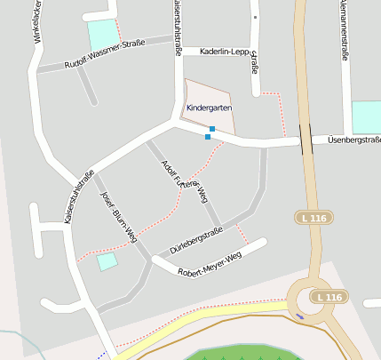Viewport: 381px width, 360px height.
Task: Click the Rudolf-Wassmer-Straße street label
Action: pyautogui.click(x=104, y=54)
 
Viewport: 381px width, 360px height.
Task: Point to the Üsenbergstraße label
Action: pyautogui.click(x=353, y=140)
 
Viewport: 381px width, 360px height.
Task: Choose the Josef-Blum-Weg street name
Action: pyautogui.click(x=118, y=217)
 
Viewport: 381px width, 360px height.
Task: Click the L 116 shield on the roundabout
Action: pyautogui.click(x=328, y=297)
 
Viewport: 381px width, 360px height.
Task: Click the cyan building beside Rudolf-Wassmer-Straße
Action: pyautogui.click(x=102, y=36)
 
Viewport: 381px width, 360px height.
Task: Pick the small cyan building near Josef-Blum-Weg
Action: pyautogui.click(x=107, y=260)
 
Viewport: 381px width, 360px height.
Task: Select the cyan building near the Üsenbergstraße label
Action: pyautogui.click(x=366, y=117)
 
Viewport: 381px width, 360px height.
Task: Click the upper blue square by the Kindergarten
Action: pyautogui.click(x=212, y=130)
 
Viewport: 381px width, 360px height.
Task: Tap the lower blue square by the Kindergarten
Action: pyautogui.click(x=208, y=137)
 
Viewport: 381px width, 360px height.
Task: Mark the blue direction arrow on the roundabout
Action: pyautogui.click(x=299, y=316)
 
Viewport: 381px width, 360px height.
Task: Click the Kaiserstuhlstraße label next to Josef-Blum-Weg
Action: pyautogui.click(x=81, y=196)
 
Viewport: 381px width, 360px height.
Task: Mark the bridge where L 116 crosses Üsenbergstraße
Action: pyautogui.click(x=306, y=140)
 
